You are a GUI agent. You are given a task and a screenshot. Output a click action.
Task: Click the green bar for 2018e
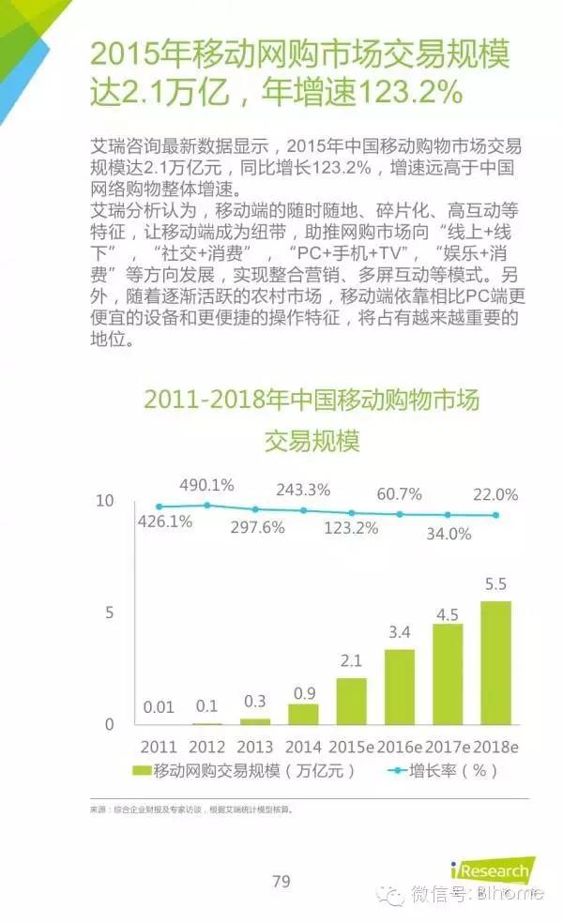tap(495, 663)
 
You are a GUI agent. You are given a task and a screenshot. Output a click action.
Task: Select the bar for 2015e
tap(352, 701)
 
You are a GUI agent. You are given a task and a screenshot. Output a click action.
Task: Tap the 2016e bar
tap(400, 687)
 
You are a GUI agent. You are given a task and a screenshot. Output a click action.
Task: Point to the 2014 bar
tap(303, 714)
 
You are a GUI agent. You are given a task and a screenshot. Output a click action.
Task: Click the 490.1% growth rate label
tap(206, 485)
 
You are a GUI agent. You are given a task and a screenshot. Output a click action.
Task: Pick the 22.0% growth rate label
tap(495, 494)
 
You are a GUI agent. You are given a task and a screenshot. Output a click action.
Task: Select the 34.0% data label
tap(449, 534)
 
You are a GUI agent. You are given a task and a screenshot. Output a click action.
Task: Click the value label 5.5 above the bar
tap(495, 584)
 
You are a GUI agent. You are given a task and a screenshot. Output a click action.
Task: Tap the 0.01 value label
tap(159, 707)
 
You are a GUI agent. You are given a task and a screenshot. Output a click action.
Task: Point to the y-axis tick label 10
tap(105, 500)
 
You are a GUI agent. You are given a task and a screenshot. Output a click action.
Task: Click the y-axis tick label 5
tap(109, 613)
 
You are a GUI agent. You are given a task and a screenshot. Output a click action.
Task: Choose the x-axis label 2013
tap(255, 747)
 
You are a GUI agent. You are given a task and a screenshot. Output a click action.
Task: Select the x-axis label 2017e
tap(448, 747)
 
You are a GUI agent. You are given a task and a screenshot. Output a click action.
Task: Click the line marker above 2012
tap(206, 505)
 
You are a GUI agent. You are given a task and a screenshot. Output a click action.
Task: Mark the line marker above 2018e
tap(495, 515)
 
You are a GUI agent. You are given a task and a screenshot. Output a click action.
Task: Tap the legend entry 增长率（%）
tap(442, 770)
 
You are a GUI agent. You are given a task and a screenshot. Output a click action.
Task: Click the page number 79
tap(281, 881)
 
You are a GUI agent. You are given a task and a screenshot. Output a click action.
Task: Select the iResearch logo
tap(493, 870)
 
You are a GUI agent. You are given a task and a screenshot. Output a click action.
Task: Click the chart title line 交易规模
tap(312, 440)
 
